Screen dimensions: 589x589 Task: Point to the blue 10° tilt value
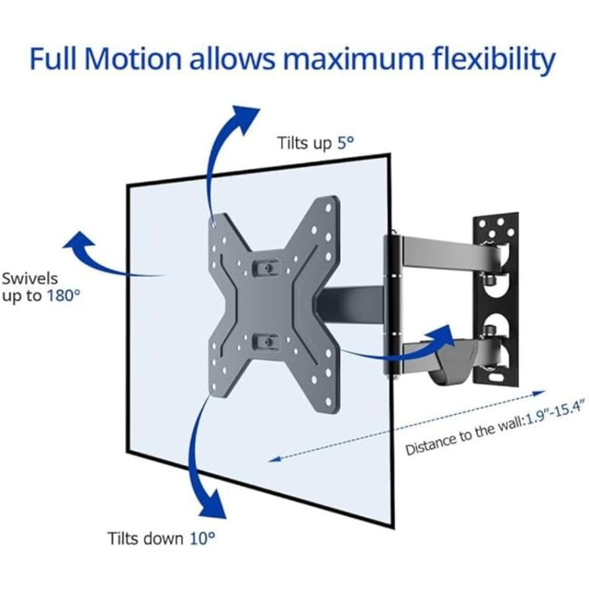click(x=204, y=539)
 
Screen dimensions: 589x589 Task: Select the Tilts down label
click(x=146, y=539)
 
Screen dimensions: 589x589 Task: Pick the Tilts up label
click(x=303, y=142)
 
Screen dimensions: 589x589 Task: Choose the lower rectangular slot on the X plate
click(x=263, y=338)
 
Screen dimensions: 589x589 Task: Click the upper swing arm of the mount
click(x=442, y=249)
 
